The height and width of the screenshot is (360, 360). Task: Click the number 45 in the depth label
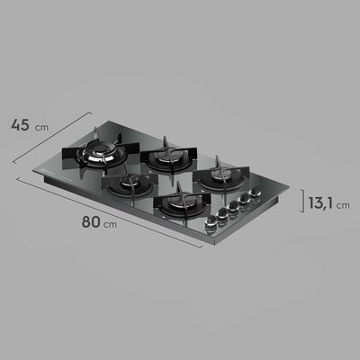20,125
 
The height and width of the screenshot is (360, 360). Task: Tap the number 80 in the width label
91,221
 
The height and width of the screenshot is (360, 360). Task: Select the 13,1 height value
320,202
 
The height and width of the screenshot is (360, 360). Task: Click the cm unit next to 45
41,127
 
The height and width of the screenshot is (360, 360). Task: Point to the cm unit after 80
110,224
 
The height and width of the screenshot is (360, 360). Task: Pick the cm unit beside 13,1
343,205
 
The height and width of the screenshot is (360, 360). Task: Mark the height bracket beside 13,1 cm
302,201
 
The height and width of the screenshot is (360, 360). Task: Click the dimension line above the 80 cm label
110,212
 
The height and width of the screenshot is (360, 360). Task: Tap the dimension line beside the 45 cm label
52,138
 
